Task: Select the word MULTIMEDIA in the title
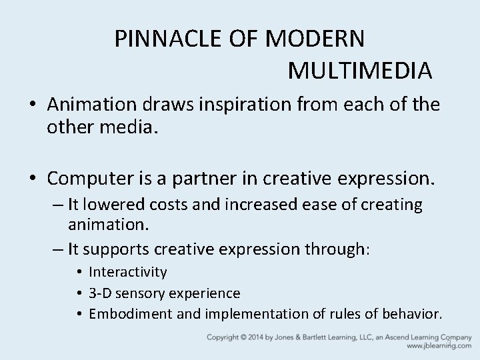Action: click(361, 69)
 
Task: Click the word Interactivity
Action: click(128, 272)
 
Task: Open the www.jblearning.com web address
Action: click(436, 347)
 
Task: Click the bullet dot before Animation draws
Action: click(32, 105)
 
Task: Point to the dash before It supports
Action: click(57, 250)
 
